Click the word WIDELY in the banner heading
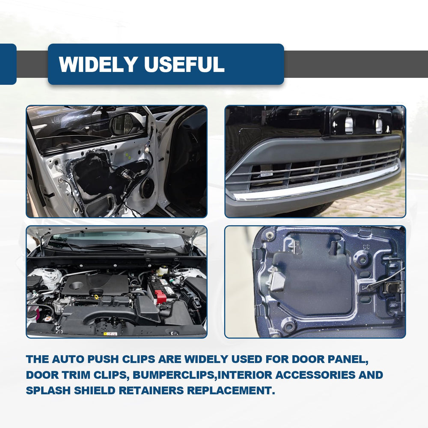click(98, 64)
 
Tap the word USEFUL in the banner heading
click(184, 64)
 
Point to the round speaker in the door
click(147, 188)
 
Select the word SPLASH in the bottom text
click(48, 390)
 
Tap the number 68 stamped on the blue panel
click(366, 247)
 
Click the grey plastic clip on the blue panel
click(277, 279)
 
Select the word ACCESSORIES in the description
click(315, 375)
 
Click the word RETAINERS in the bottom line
click(151, 390)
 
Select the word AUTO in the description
click(68, 359)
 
